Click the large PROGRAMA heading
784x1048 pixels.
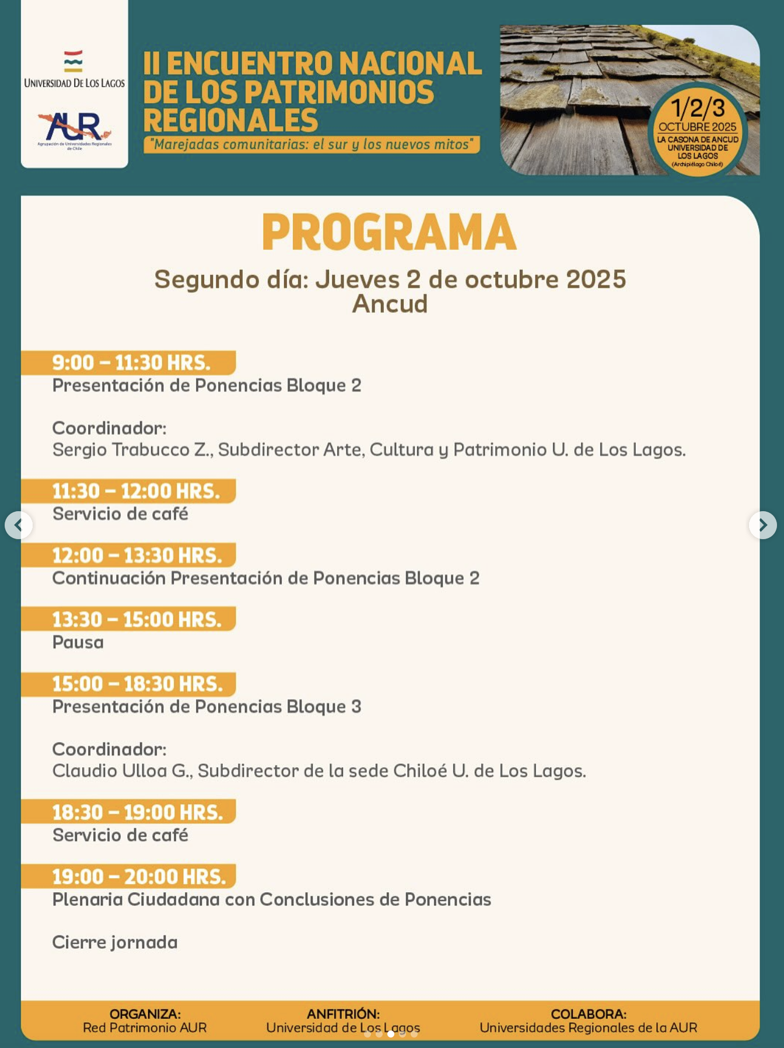pos(389,232)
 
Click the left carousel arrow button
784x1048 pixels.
pos(19,525)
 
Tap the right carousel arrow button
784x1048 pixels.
pos(762,525)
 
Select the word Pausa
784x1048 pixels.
pos(78,642)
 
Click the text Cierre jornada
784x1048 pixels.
pos(115,942)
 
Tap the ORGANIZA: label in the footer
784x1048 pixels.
pos(145,1014)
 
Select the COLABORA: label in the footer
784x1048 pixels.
pos(589,1014)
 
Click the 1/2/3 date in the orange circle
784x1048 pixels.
pos(698,109)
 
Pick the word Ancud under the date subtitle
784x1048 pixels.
pos(390,304)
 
